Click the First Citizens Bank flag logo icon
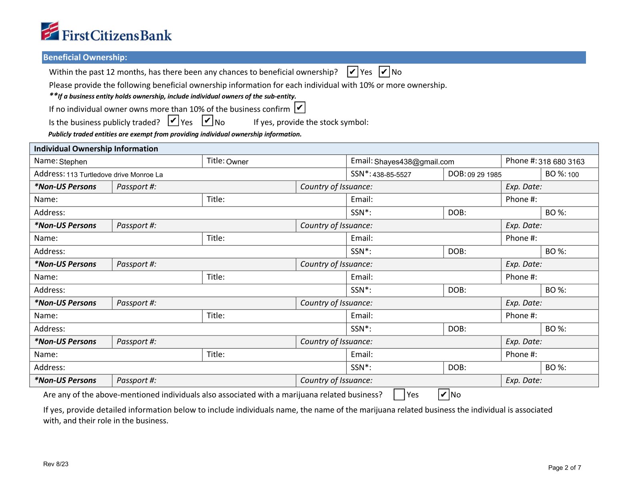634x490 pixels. pyautogui.click(x=50, y=31)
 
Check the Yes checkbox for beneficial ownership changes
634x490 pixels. pyautogui.click(x=352, y=72)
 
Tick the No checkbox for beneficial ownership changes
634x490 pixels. pyautogui.click(x=384, y=72)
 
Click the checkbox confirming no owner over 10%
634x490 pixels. pyautogui.click(x=300, y=108)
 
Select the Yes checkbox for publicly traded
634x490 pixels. pyautogui.click(x=173, y=120)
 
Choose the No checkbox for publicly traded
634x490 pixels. pyautogui.click(x=207, y=120)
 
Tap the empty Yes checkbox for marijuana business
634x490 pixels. pyautogui.click(x=399, y=395)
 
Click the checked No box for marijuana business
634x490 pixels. pyautogui.click(x=443, y=395)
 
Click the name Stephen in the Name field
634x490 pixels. pyautogui.click(x=73, y=162)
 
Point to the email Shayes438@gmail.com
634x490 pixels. pyautogui.click(x=414, y=162)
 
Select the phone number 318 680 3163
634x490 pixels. pyautogui.click(x=561, y=162)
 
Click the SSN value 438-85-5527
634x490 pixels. pyautogui.click(x=391, y=175)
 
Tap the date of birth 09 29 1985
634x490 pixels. pyautogui.click(x=484, y=175)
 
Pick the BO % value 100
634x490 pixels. pyautogui.click(x=573, y=175)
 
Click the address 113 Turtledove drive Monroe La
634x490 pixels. pyautogui.click(x=114, y=175)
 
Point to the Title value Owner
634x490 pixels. pyautogui.click(x=237, y=162)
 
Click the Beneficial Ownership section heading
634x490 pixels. pyautogui.click(x=85, y=57)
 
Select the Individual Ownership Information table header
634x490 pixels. pyautogui.click(x=96, y=149)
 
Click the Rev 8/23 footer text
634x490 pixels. pyautogui.click(x=56, y=464)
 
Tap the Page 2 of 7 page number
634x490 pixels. pyautogui.click(x=564, y=468)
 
